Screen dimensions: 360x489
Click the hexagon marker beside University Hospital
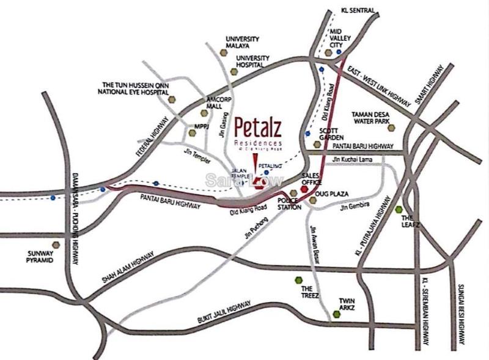[233, 71]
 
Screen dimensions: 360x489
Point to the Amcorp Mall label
[219, 103]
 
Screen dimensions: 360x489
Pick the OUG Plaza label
[335, 193]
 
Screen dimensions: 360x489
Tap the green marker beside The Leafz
[398, 210]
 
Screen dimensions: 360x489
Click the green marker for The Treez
[298, 280]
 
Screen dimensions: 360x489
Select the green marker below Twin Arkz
[336, 314]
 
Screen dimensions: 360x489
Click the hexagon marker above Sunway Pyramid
[56, 244]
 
